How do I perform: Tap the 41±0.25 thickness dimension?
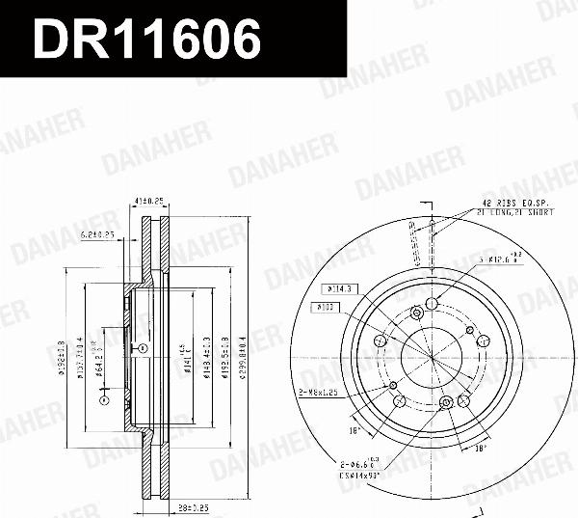click(x=150, y=201)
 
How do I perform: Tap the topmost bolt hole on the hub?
click(x=432, y=305)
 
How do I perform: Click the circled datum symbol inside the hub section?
click(x=143, y=348)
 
